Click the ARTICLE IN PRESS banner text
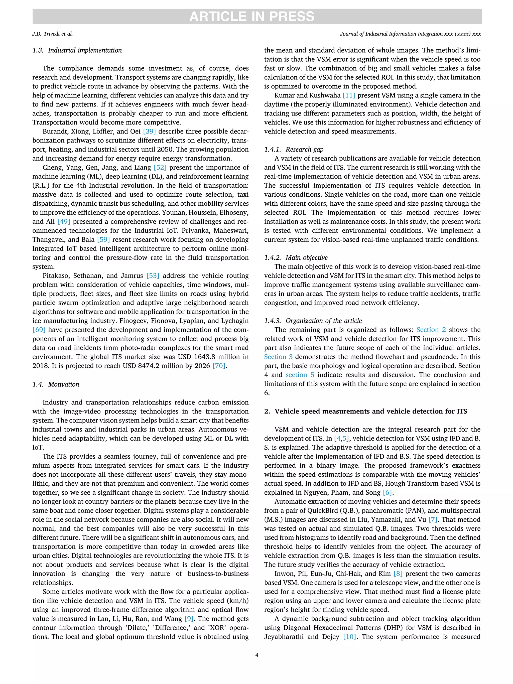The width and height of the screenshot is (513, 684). coord(252,16)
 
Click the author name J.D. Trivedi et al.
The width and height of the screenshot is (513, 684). coord(53,34)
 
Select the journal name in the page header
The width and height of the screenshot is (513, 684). coord(410,34)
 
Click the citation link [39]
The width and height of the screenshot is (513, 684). coord(149,131)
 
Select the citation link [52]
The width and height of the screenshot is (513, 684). coord(160,168)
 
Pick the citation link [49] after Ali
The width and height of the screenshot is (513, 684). coord(64,222)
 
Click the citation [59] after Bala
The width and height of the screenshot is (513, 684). coord(103,240)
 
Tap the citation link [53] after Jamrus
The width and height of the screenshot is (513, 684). coord(153,276)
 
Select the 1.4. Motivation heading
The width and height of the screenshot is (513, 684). coord(56,384)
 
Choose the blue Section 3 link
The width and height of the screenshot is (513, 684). coord(278,357)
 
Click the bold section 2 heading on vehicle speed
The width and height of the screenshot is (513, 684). coord(365,411)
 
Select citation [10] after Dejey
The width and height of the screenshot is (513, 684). coord(349,637)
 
